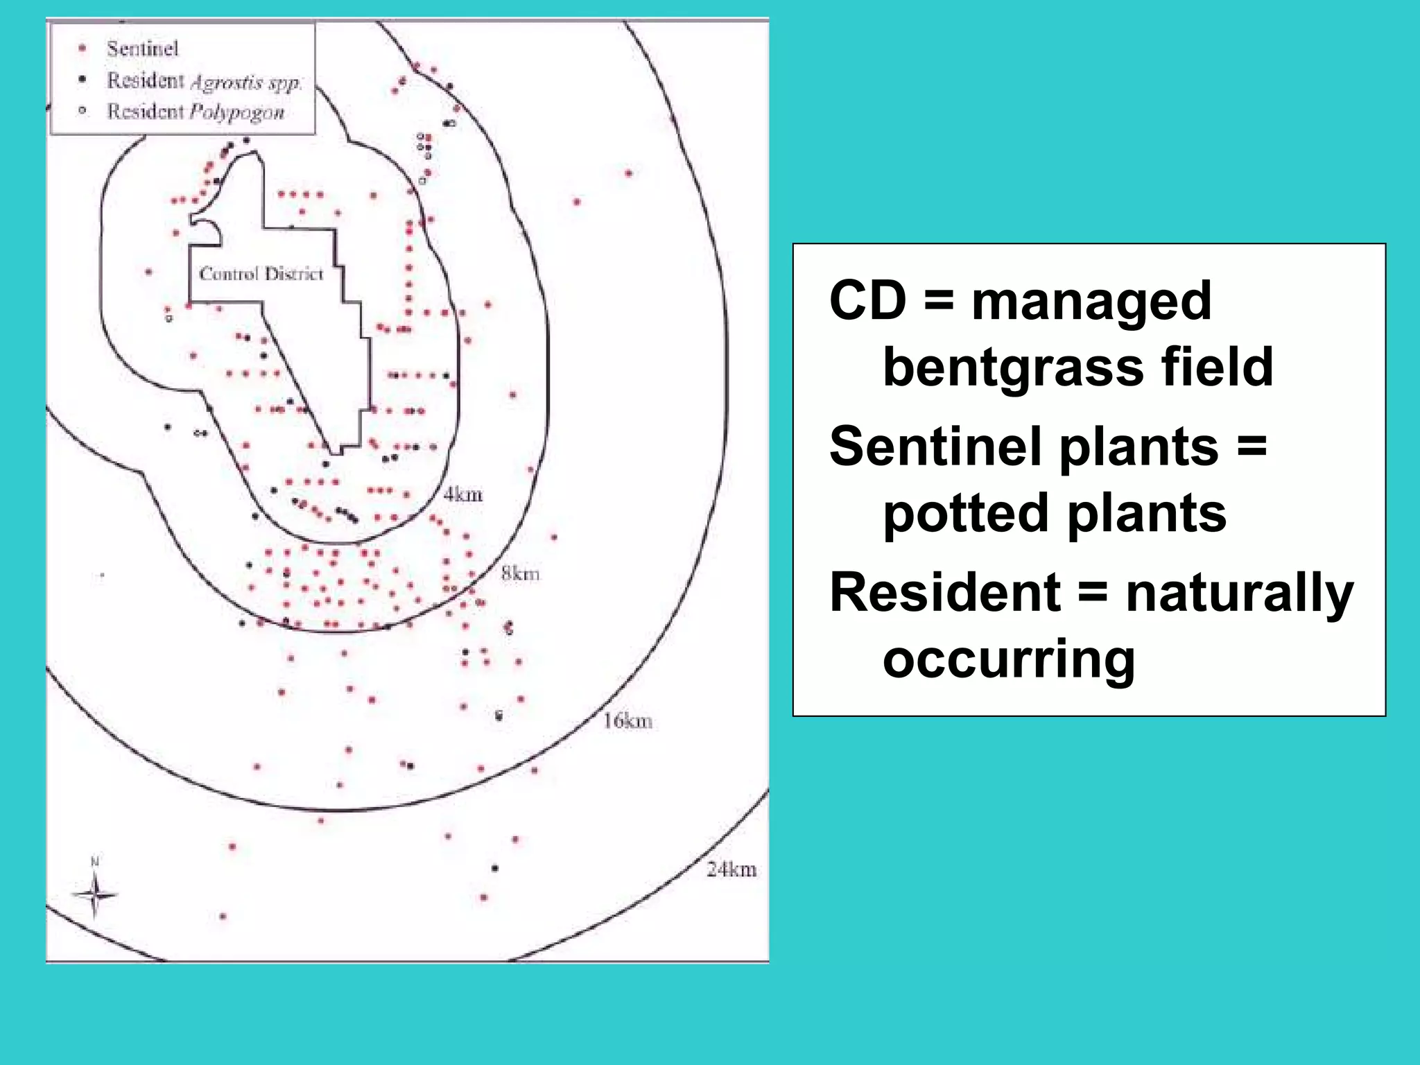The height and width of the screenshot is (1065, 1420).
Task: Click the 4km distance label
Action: pyautogui.click(x=462, y=494)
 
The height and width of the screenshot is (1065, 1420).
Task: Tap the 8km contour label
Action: pyautogui.click(x=520, y=573)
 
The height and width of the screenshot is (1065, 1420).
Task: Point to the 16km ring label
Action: pyautogui.click(x=627, y=721)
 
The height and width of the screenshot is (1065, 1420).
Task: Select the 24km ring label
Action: pyautogui.click(x=731, y=869)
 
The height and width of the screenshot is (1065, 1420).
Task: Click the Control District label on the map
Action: pyautogui.click(x=261, y=274)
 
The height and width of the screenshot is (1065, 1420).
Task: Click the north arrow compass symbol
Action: pyautogui.click(x=95, y=894)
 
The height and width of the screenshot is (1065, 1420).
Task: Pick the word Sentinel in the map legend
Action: pyautogui.click(x=142, y=49)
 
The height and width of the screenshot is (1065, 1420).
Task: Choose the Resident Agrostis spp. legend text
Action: pyautogui.click(x=204, y=81)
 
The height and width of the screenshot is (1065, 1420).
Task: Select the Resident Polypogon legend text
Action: pyautogui.click(x=196, y=112)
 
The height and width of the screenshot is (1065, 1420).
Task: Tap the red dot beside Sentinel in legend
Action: pyautogui.click(x=83, y=49)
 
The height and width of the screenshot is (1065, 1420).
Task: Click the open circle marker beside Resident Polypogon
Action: pyautogui.click(x=83, y=110)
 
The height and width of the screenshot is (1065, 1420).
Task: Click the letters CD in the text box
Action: pyautogui.click(x=867, y=301)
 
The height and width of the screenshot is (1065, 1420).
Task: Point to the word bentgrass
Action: pyautogui.click(x=1013, y=367)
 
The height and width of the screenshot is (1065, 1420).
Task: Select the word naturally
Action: pyautogui.click(x=1239, y=594)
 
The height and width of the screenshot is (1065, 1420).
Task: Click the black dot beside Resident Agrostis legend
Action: pyautogui.click(x=83, y=79)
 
